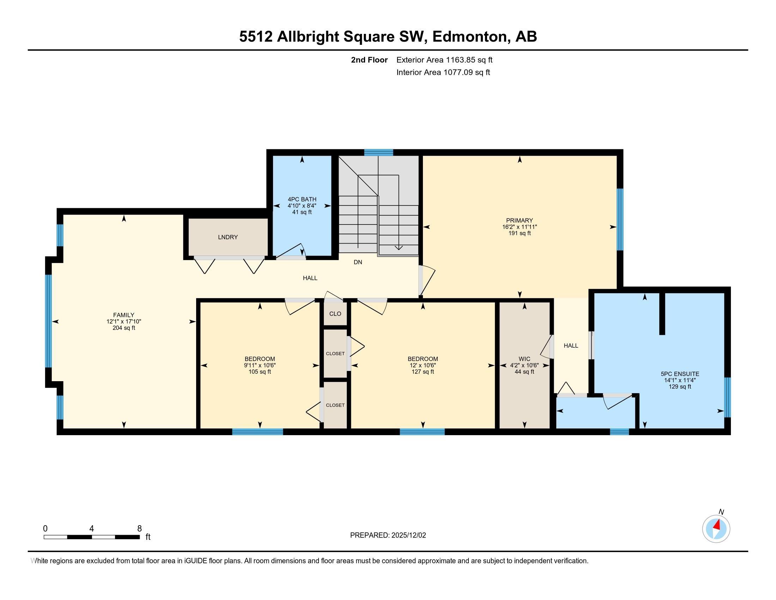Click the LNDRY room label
228,237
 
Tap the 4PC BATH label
302,199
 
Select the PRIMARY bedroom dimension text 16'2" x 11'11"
520,227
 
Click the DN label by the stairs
358,262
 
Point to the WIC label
524,359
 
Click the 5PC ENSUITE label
680,374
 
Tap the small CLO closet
335,313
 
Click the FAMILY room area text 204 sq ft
124,328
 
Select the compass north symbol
716,529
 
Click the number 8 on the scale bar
140,529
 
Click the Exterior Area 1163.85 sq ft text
444,60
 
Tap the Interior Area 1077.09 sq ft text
443,72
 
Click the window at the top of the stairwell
378,152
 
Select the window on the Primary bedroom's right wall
620,219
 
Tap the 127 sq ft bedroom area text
423,372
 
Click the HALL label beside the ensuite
571,346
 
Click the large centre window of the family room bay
49,321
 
